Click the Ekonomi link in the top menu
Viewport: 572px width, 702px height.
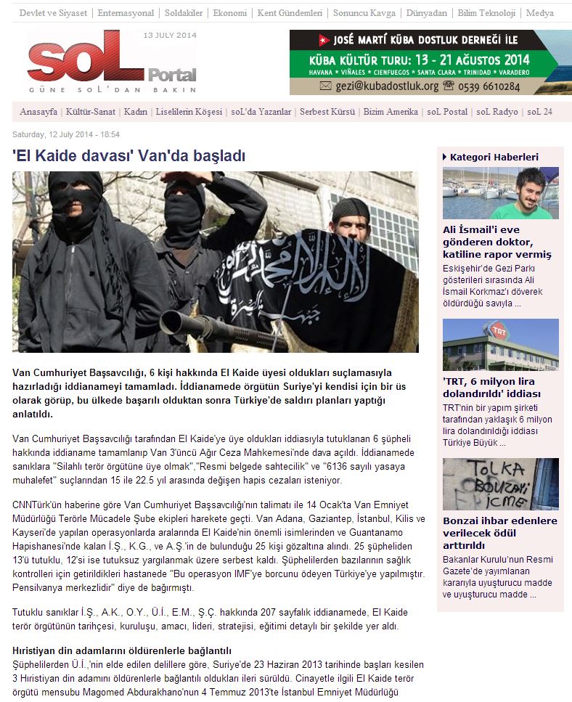(x=231, y=13)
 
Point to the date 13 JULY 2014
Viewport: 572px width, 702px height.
(x=170, y=35)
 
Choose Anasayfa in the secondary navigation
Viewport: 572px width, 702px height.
(x=38, y=112)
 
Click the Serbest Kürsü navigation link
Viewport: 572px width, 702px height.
(x=327, y=112)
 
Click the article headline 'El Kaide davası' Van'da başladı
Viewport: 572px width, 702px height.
(x=129, y=155)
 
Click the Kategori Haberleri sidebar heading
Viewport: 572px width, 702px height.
(x=494, y=157)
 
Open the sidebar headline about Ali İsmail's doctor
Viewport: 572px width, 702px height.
(x=497, y=242)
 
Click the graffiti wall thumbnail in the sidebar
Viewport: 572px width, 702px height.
(x=500, y=483)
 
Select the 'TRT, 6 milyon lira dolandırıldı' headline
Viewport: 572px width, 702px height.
(x=491, y=388)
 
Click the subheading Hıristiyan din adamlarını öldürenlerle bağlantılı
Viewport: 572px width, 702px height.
(x=122, y=650)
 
